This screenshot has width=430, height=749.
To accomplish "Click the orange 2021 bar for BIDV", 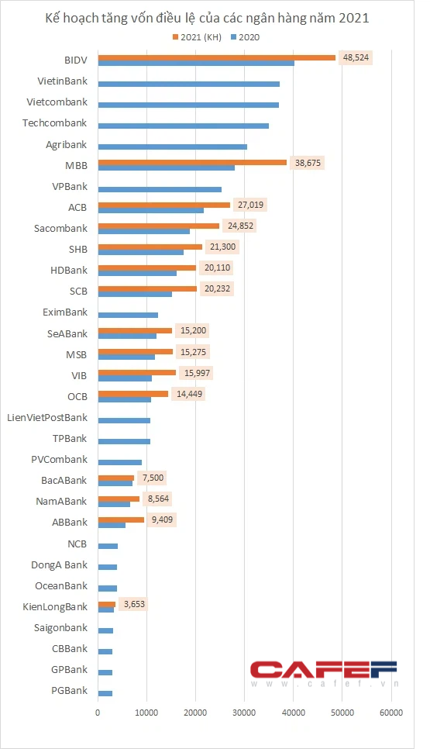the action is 217,57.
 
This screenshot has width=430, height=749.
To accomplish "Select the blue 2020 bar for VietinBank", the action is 189,84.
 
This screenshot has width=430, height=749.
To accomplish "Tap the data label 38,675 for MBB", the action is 308,163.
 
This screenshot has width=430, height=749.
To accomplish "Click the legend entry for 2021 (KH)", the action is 197,37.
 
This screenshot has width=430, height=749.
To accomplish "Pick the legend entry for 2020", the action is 246,37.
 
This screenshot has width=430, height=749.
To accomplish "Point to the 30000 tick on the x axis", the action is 244,713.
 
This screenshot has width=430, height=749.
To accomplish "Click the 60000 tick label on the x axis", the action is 391,713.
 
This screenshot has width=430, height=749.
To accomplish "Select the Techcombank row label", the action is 55,123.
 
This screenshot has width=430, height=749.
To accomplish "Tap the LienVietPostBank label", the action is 47,417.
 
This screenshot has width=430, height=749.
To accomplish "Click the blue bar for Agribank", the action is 173,147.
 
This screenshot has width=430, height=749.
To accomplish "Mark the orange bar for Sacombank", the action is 159,226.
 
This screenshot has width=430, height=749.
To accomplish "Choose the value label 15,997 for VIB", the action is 197,373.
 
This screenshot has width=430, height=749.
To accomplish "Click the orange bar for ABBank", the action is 121,519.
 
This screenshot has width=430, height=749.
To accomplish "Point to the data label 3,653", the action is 134,604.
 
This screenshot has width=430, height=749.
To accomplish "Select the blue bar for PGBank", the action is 105,693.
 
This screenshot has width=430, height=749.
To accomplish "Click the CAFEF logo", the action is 324,674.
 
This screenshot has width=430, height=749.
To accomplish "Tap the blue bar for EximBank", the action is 128,315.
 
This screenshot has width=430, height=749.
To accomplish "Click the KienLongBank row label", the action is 55,606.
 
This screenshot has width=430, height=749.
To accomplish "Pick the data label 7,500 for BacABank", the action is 153,478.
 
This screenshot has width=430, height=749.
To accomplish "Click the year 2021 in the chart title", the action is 353,18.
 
